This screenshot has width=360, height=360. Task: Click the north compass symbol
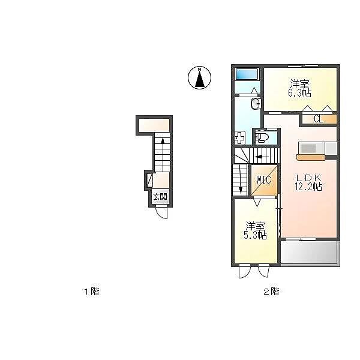tap(199, 77)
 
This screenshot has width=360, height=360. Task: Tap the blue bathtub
tap(247, 74)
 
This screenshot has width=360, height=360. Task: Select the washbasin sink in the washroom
tap(256, 104)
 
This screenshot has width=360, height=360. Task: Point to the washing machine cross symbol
tap(239, 137)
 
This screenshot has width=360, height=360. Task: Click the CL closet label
tap(319, 119)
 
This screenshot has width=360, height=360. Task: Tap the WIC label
tap(263, 180)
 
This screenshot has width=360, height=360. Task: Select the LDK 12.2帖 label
tap(308, 182)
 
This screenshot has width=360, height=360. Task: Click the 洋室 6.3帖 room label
tap(299, 88)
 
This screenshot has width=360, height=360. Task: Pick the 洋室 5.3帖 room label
tap(255, 230)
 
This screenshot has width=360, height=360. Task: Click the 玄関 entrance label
tap(160, 197)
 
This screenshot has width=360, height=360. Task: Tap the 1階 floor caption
tap(92, 292)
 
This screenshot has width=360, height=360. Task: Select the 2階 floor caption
tap(271, 292)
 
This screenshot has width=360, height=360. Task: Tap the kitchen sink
tap(308, 148)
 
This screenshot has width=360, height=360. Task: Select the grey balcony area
tap(310, 253)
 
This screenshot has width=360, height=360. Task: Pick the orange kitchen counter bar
tap(311, 157)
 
